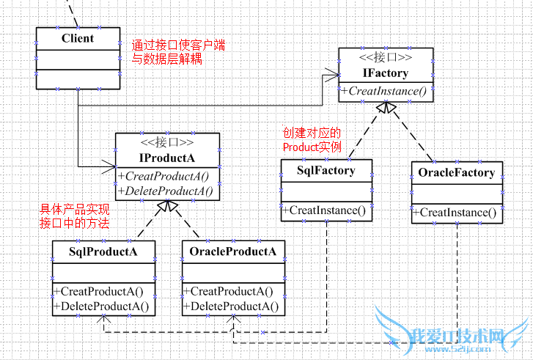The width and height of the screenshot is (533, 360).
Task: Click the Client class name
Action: tap(77, 38)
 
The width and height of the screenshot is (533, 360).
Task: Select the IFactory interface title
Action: tap(386, 73)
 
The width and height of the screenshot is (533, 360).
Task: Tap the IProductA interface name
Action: tap(167, 158)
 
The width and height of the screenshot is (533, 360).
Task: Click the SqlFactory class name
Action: tap(326, 171)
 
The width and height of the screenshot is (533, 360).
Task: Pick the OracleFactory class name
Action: tap(457, 173)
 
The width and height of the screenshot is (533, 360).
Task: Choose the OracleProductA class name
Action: tap(232, 252)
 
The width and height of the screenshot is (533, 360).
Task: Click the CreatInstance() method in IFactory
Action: tap(386, 91)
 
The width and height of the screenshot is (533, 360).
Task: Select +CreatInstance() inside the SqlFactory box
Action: tap(326, 211)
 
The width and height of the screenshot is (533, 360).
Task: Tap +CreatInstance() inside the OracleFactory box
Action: tap(457, 213)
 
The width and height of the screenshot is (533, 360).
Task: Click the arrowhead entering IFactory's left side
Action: tap(334, 73)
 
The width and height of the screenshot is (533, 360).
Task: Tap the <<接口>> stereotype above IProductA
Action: tap(167, 143)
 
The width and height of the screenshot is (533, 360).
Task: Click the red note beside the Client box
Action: tap(178, 52)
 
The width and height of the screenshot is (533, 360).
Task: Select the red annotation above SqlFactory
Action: tap(312, 139)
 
